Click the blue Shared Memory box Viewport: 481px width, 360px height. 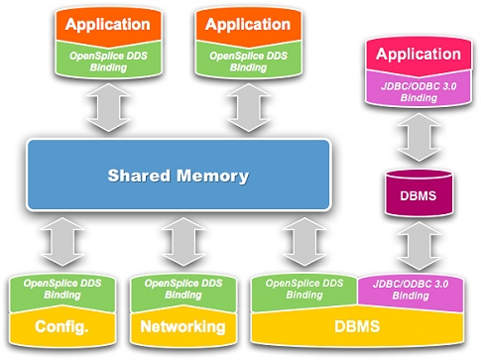point(179,177)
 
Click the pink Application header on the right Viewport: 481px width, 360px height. point(417,56)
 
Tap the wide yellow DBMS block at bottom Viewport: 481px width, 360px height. point(358,326)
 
